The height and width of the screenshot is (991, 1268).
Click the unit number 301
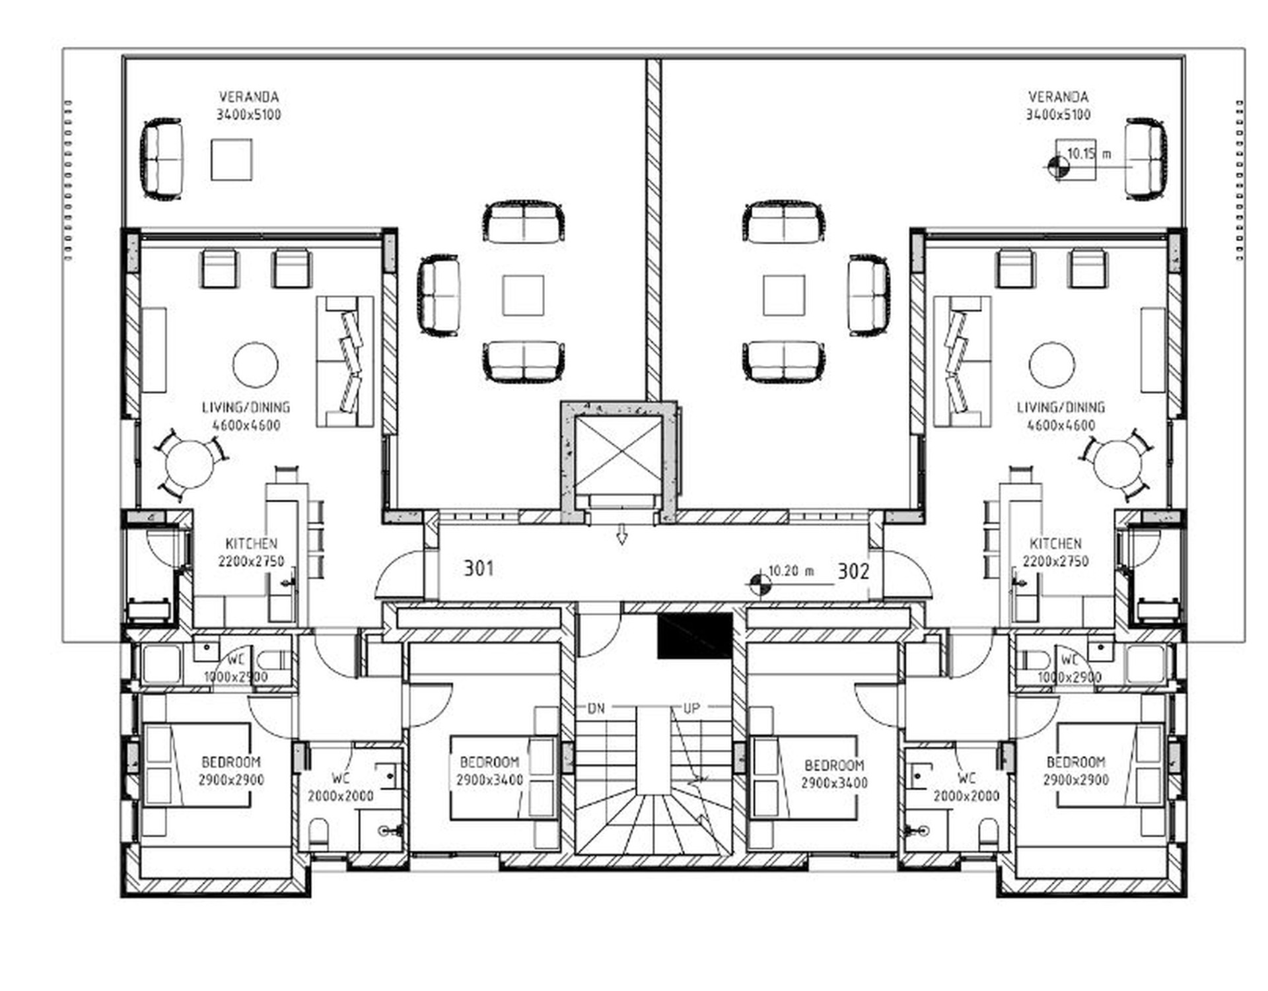pyautogui.click(x=478, y=568)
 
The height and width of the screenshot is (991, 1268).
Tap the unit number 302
pyautogui.click(x=853, y=571)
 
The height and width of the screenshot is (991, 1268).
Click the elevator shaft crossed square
pyautogui.click(x=618, y=457)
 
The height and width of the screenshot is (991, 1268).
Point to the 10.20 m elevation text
pyautogui.click(x=791, y=571)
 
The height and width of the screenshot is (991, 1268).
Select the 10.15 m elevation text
pyautogui.click(x=1089, y=154)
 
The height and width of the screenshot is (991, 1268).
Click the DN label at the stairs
pyautogui.click(x=596, y=709)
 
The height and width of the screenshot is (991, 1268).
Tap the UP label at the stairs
pyautogui.click(x=691, y=709)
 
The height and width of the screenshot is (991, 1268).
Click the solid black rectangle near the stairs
pyautogui.click(x=695, y=636)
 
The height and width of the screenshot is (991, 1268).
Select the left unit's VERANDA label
pyautogui.click(x=249, y=97)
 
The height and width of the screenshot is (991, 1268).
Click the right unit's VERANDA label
pyautogui.click(x=1058, y=97)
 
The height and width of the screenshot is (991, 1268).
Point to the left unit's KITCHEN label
pyautogui.click(x=251, y=544)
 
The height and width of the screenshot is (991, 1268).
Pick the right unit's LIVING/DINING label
pyautogui.click(x=1061, y=408)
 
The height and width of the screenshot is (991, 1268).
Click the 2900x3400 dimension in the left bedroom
pyautogui.click(x=489, y=780)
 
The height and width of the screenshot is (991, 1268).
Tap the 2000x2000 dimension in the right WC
pyautogui.click(x=966, y=796)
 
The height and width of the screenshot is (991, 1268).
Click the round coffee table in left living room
pyautogui.click(x=255, y=365)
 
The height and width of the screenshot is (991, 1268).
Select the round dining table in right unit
pyautogui.click(x=1117, y=464)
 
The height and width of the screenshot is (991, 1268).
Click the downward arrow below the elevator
pyautogui.click(x=621, y=534)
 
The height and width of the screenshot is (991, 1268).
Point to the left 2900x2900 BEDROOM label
pyautogui.click(x=231, y=763)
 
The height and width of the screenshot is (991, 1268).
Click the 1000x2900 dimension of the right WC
pyautogui.click(x=1069, y=677)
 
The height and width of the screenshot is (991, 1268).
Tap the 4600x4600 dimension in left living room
pyautogui.click(x=246, y=426)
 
